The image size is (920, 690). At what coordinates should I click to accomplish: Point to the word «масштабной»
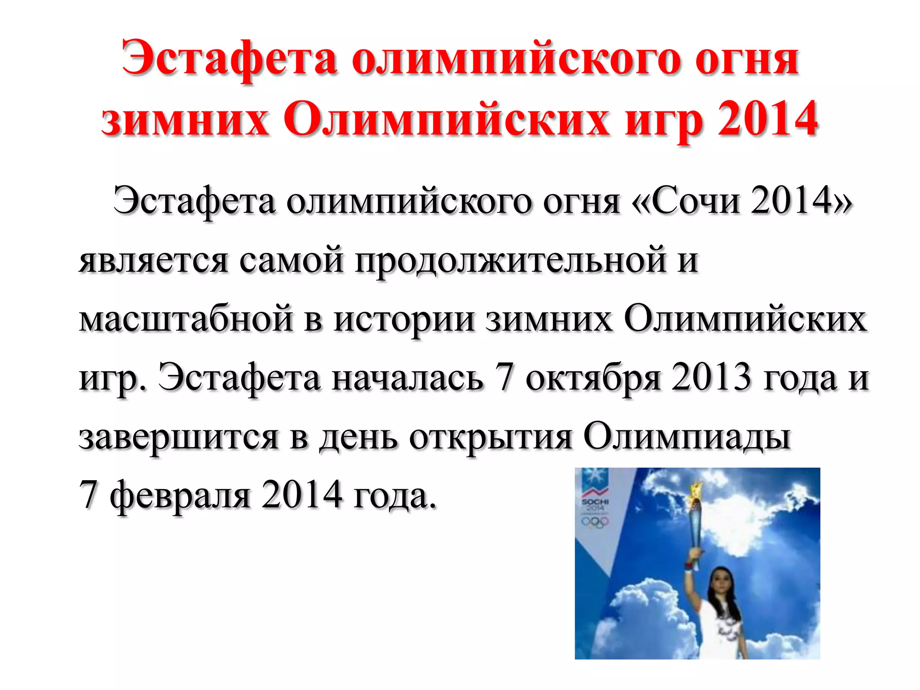pos(186,319)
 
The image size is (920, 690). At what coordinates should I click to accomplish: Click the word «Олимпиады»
pos(687,437)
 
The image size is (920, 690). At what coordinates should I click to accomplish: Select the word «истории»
pos(404,319)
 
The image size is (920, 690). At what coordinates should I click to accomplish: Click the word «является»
pos(153,260)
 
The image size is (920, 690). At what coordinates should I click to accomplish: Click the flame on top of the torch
pos(696,490)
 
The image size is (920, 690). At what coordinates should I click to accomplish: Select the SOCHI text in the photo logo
pos(595,502)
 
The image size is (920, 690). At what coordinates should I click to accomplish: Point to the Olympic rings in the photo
pos(595,521)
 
